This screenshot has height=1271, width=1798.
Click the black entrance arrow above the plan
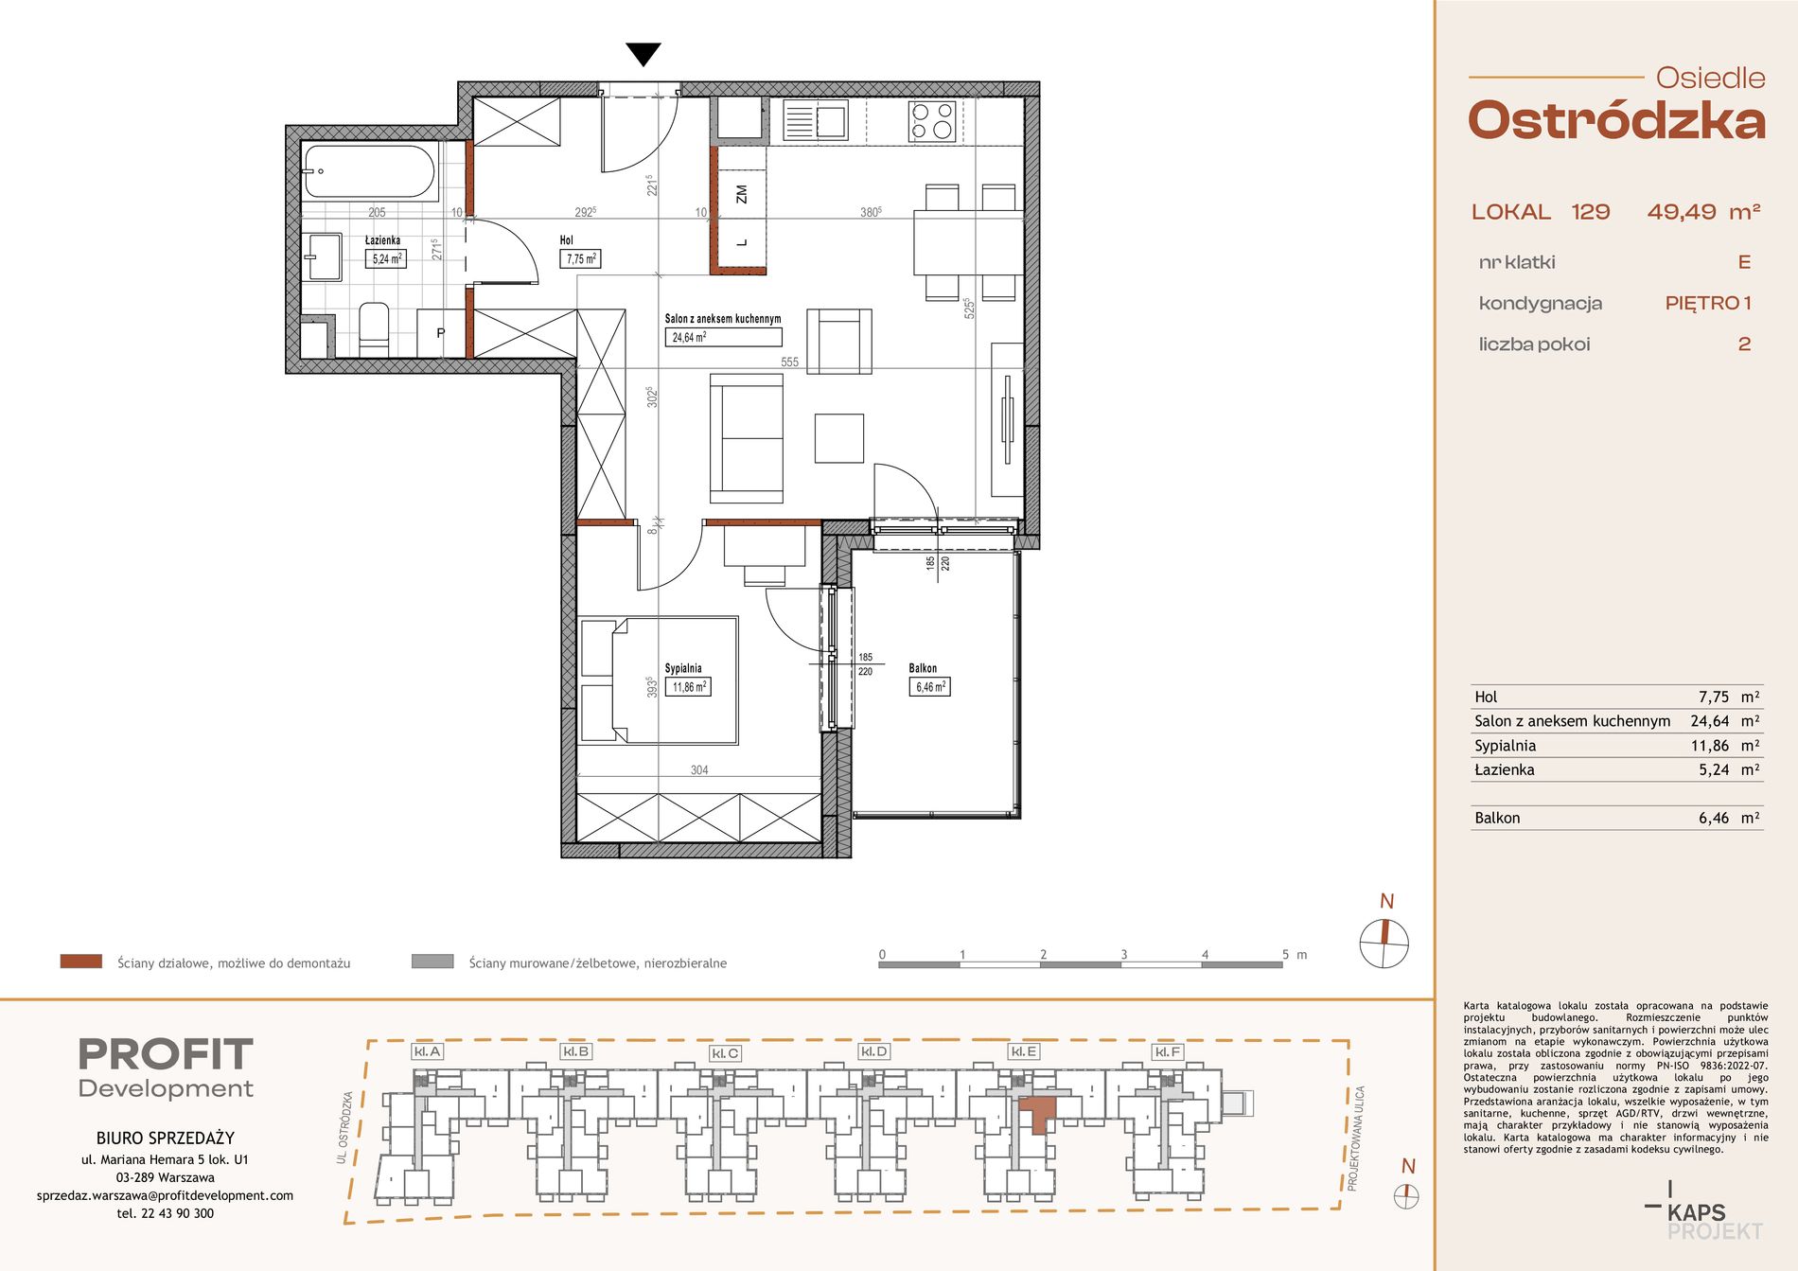(x=643, y=55)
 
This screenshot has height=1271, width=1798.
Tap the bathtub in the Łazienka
(x=370, y=171)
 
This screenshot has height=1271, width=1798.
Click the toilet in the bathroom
(x=374, y=328)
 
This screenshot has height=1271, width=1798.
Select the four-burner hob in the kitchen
(x=932, y=121)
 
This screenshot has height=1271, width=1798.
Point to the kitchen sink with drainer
(x=815, y=121)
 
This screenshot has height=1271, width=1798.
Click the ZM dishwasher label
(x=742, y=194)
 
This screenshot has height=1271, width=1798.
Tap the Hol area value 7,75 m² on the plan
(x=580, y=258)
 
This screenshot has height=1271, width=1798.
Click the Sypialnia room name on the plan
(x=683, y=668)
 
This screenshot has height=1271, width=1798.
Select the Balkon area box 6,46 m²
(x=929, y=687)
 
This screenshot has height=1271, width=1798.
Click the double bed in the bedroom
(x=659, y=680)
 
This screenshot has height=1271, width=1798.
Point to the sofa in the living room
(x=747, y=438)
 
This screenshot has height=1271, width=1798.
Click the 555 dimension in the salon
(x=790, y=362)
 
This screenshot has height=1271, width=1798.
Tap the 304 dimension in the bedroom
(x=699, y=769)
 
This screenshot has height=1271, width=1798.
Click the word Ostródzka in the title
(x=1616, y=121)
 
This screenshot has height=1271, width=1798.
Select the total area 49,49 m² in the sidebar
(x=1703, y=212)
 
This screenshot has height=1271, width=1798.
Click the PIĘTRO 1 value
(x=1708, y=303)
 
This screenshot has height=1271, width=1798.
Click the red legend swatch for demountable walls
(x=80, y=962)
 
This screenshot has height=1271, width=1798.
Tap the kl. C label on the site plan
(x=725, y=1053)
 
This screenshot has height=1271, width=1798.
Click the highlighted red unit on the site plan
(x=1038, y=1111)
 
